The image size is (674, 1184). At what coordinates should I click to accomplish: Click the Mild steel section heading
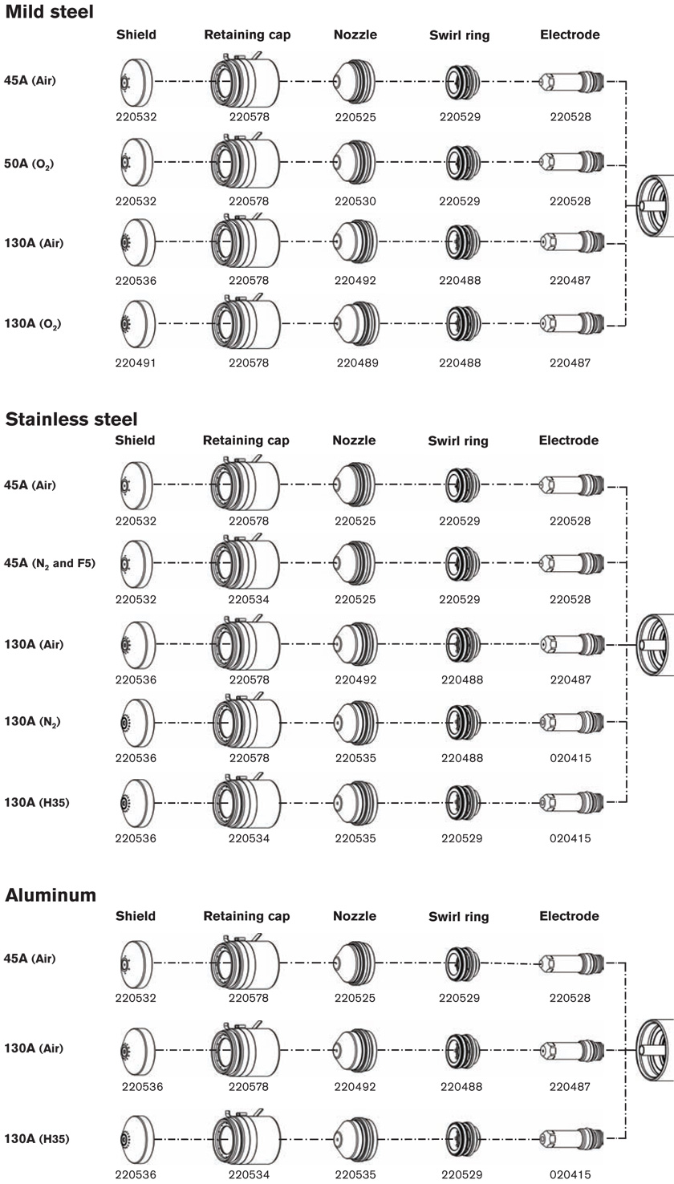[49, 11]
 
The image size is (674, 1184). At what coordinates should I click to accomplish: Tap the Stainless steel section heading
[71, 420]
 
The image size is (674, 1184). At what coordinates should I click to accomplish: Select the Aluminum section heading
[51, 895]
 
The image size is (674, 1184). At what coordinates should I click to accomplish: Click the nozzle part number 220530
[355, 201]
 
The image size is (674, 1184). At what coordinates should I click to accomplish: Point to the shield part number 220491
[136, 363]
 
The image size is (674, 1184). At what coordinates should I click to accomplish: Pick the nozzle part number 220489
[357, 363]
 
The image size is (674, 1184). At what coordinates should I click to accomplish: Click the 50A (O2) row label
[29, 164]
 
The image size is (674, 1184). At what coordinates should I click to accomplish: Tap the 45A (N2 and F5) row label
[50, 563]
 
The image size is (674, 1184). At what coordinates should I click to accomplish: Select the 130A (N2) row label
[32, 722]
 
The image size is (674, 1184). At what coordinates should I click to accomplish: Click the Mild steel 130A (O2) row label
[33, 323]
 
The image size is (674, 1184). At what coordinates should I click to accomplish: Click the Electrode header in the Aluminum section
[570, 916]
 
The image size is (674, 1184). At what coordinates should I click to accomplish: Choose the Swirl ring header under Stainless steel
[458, 441]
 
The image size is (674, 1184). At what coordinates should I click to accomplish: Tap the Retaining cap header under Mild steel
[247, 34]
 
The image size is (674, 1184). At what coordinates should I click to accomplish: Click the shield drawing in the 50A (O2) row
[136, 162]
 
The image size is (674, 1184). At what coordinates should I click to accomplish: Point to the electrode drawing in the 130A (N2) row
[572, 722]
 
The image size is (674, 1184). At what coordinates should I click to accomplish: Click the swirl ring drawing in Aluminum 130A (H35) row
[462, 1137]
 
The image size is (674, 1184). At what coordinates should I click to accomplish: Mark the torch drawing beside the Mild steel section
[655, 205]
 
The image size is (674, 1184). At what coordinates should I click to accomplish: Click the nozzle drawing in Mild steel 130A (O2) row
[355, 323]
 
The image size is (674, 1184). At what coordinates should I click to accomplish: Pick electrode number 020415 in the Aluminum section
[570, 1174]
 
